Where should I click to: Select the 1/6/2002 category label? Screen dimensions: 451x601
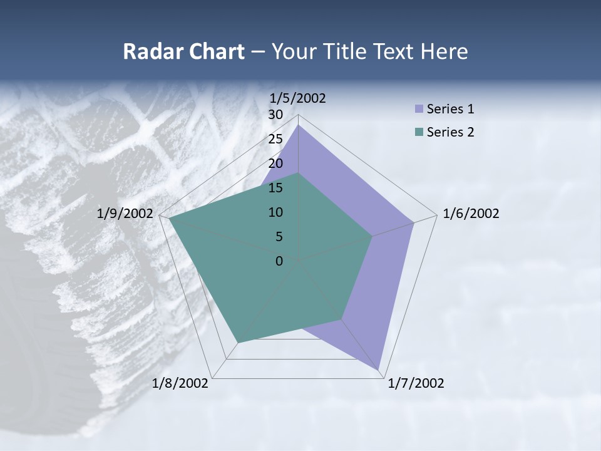coord(471,214)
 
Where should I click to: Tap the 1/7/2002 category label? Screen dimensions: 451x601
coord(416,383)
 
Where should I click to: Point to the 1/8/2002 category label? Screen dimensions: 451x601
coord(180,383)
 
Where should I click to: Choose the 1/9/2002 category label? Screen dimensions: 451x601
coord(125,214)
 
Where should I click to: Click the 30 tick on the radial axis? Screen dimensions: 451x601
coord(275,115)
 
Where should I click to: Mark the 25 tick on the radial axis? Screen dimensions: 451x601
coord(275,139)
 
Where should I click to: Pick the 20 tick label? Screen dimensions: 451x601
coord(275,163)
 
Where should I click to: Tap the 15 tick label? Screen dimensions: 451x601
coord(275,188)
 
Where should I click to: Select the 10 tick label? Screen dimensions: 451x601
coord(275,212)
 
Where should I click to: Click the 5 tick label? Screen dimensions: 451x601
coord(279,237)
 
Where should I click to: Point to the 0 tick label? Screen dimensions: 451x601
coord(279,261)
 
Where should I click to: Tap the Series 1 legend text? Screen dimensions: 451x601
coord(450,109)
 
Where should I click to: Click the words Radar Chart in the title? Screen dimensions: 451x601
coord(183,51)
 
